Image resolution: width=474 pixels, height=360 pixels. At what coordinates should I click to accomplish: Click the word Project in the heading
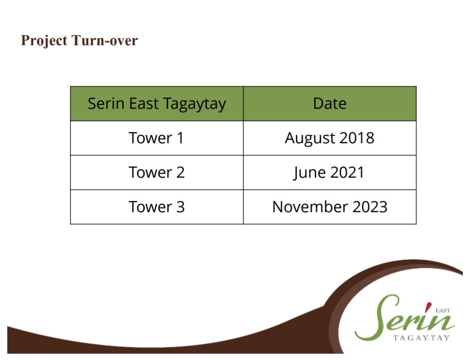[x=44, y=41]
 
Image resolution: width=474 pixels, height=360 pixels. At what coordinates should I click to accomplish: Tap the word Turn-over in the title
[x=104, y=40]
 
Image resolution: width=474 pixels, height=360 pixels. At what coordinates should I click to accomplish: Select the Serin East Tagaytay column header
[x=156, y=104]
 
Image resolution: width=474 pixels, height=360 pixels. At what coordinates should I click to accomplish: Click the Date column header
[x=330, y=104]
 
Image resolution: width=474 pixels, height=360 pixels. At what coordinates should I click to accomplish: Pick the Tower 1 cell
[x=156, y=138]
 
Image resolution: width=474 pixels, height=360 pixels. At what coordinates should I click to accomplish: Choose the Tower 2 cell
[x=156, y=172]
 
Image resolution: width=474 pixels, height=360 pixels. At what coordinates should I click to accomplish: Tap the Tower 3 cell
[x=156, y=207]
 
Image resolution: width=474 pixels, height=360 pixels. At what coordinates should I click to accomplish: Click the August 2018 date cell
[x=330, y=138]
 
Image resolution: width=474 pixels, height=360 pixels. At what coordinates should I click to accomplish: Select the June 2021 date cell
[x=330, y=172]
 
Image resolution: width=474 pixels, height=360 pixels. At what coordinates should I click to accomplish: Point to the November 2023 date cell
[x=330, y=207]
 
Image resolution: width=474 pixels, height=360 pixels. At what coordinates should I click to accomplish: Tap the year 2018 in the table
[x=357, y=138]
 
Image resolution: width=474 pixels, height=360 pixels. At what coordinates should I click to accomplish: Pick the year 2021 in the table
[x=347, y=172]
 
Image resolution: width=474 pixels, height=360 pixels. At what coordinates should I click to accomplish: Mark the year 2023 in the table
[x=370, y=207]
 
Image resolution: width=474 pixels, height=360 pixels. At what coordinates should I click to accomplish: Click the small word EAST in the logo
[x=443, y=311]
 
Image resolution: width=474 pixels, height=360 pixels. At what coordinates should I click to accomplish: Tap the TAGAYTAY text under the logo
[x=422, y=338]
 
